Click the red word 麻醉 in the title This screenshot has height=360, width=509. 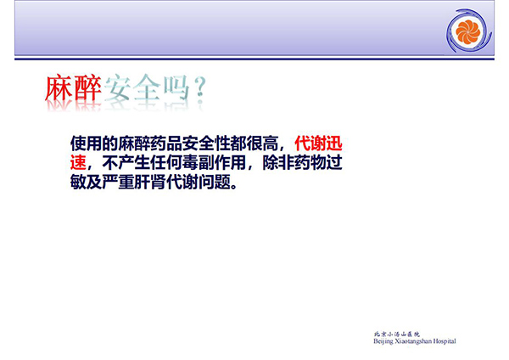pyautogui.click(x=73, y=88)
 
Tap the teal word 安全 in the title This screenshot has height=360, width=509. pyautogui.click(x=132, y=87)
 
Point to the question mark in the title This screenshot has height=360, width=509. pyautogui.click(x=201, y=87)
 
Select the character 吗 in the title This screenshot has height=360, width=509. pyautogui.click(x=176, y=87)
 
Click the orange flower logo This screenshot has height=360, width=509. pyautogui.click(x=467, y=31)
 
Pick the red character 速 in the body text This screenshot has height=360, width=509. pyautogui.click(x=78, y=162)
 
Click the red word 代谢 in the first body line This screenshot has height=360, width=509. pyautogui.click(x=310, y=143)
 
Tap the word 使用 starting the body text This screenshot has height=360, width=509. pyautogui.click(x=86, y=143)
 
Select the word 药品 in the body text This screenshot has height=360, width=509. pyautogui.click(x=166, y=143)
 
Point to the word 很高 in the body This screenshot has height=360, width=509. pyautogui.click(x=262, y=143)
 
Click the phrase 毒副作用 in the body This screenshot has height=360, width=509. pyautogui.click(x=214, y=162)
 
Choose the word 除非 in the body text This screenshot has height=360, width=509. pyautogui.click(x=278, y=162)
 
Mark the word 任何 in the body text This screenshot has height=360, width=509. pyautogui.click(x=166, y=162)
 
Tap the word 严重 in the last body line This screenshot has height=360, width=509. pyautogui.click(x=118, y=182)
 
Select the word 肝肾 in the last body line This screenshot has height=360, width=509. pyautogui.click(x=150, y=182)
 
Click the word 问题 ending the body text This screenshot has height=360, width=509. pyautogui.click(x=215, y=182)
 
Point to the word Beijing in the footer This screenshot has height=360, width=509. pyautogui.click(x=383, y=341)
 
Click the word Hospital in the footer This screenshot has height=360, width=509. pyautogui.click(x=445, y=341)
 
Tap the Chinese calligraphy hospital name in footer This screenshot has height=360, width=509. pyautogui.click(x=397, y=334)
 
